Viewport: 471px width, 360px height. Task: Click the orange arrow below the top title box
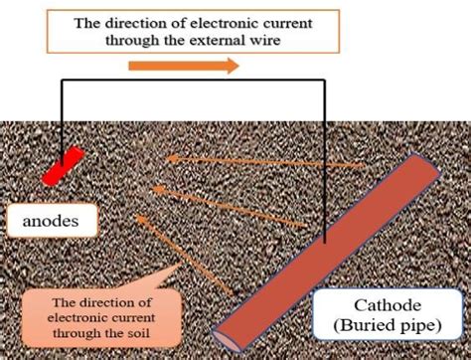tap(184, 67)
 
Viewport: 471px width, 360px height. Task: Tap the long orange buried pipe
tap(328, 249)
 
